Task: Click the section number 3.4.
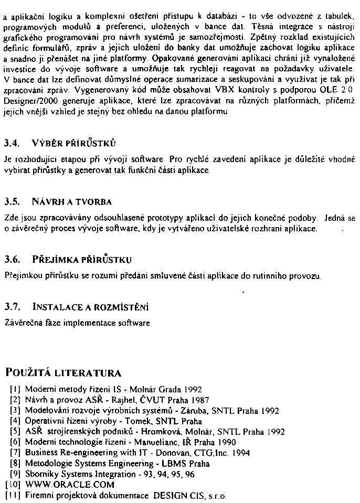click(x=12, y=143)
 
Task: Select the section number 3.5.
click(x=12, y=201)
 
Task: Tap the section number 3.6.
click(x=12, y=260)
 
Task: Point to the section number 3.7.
click(x=12, y=306)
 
